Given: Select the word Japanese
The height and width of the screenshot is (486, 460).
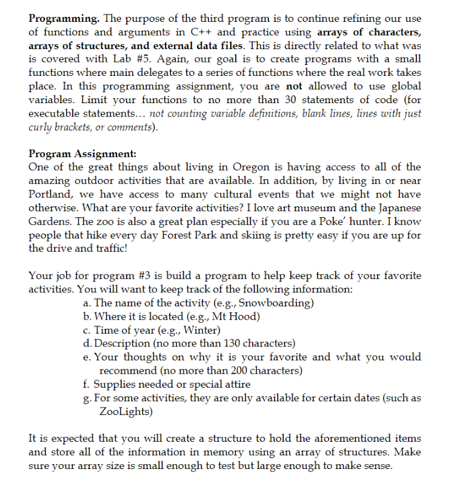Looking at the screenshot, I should click(396, 209).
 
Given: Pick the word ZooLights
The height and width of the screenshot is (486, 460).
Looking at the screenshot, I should click(125, 411).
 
